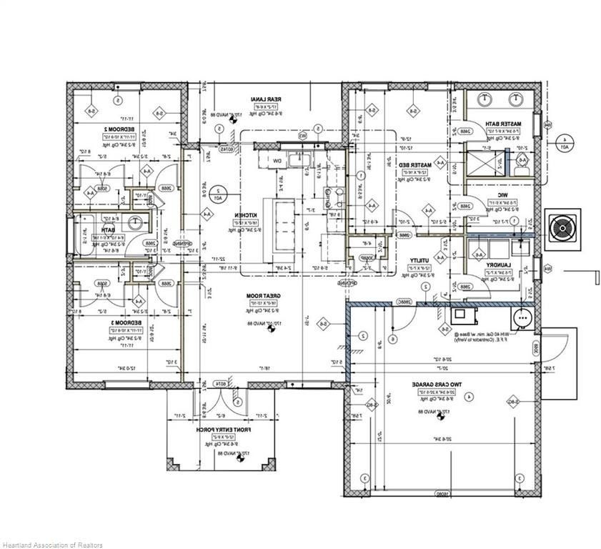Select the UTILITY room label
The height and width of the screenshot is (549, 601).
click(x=418, y=262)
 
